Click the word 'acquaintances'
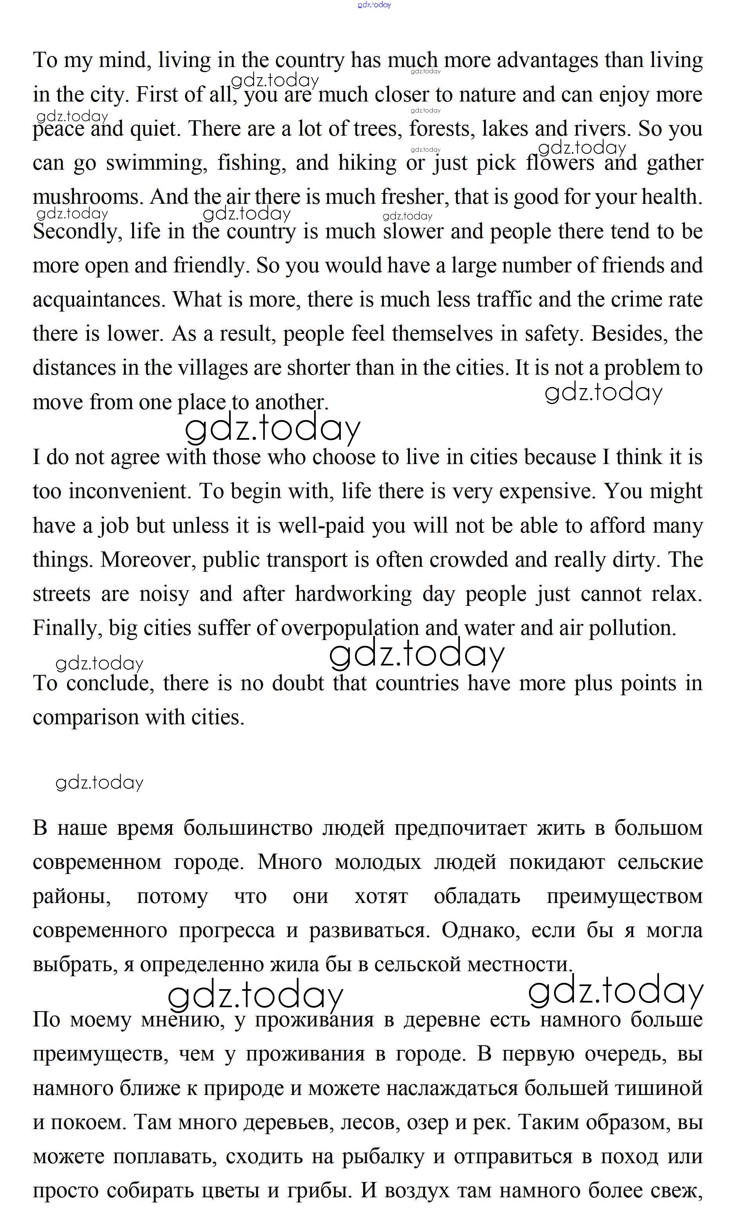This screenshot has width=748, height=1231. (98, 300)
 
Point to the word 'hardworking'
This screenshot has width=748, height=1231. (353, 595)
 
